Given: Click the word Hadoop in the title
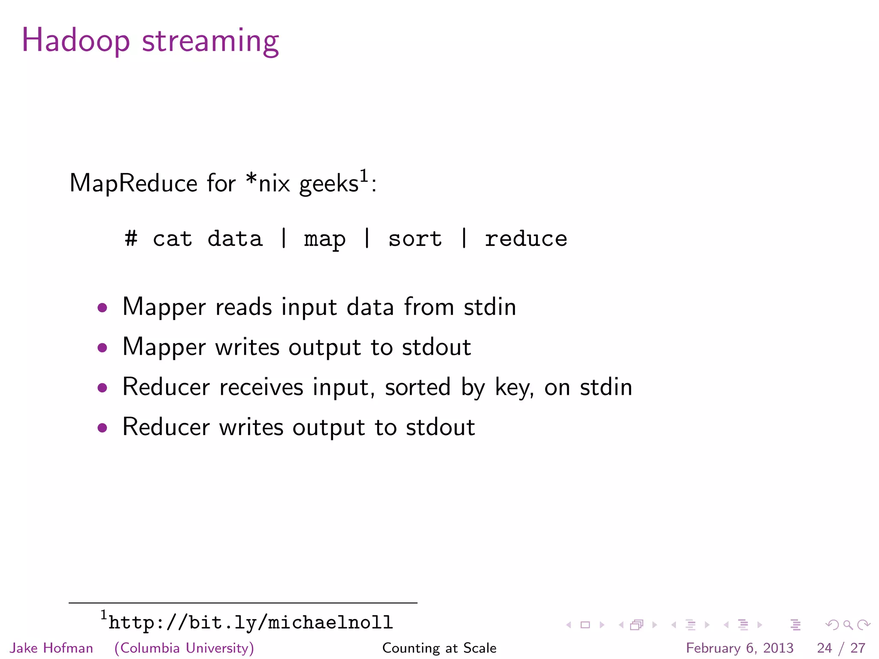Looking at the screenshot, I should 76,40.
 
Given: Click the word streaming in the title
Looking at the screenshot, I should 210,42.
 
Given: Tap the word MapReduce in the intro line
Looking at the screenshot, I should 133,184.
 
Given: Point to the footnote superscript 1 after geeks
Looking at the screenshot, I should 364,176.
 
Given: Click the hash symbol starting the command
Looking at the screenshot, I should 131,239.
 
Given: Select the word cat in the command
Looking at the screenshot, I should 173,239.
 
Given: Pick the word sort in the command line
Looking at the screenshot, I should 415,239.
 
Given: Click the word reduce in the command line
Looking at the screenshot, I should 526,239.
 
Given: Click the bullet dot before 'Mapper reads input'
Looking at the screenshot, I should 102,307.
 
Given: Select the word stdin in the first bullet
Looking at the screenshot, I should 490,307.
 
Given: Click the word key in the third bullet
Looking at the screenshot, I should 514,387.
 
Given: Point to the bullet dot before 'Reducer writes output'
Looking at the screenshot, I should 102,427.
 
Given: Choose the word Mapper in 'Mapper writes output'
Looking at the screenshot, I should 164,347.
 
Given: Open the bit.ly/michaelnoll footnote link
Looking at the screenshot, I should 251,623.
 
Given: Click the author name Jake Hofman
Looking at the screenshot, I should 52,648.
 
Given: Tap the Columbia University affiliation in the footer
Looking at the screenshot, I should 184,648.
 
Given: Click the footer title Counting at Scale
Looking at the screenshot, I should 439,648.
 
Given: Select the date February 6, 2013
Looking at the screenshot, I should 740,648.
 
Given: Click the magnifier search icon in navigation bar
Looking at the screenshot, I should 848,625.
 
